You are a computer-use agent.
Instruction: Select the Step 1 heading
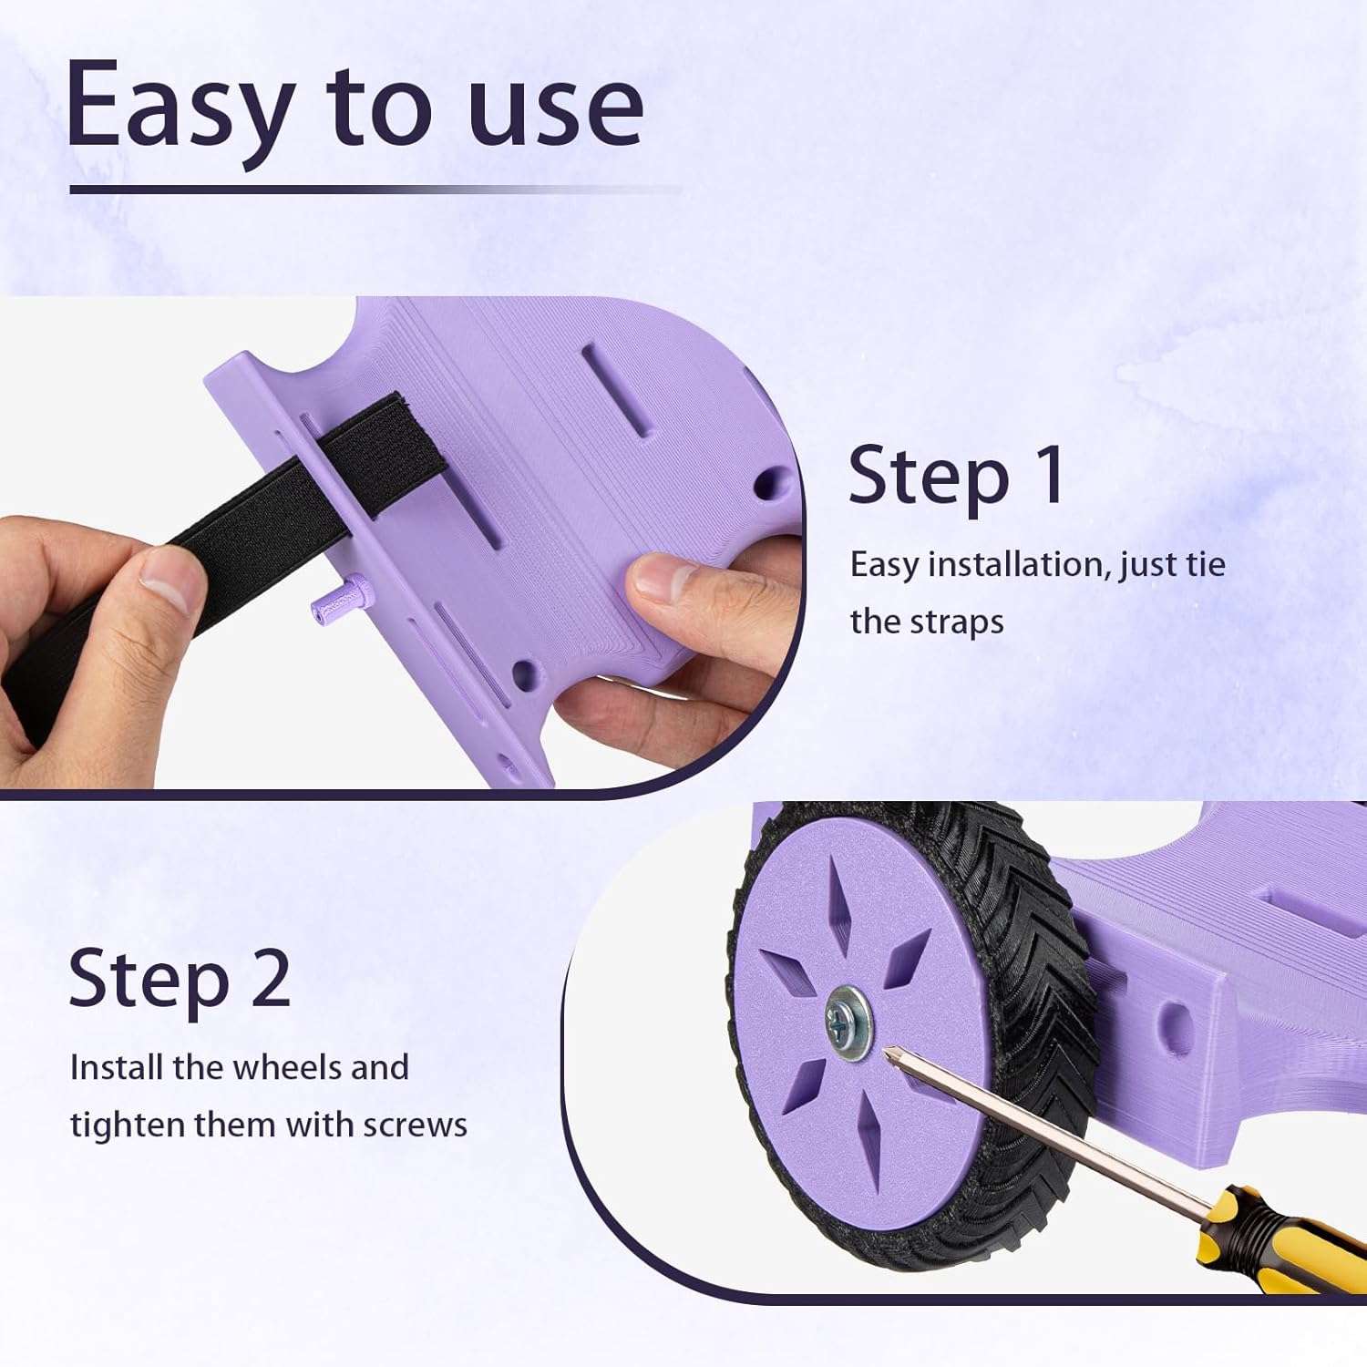click(956, 476)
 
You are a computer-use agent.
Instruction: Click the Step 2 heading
click(180, 979)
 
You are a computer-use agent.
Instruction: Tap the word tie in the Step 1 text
click(1206, 565)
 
